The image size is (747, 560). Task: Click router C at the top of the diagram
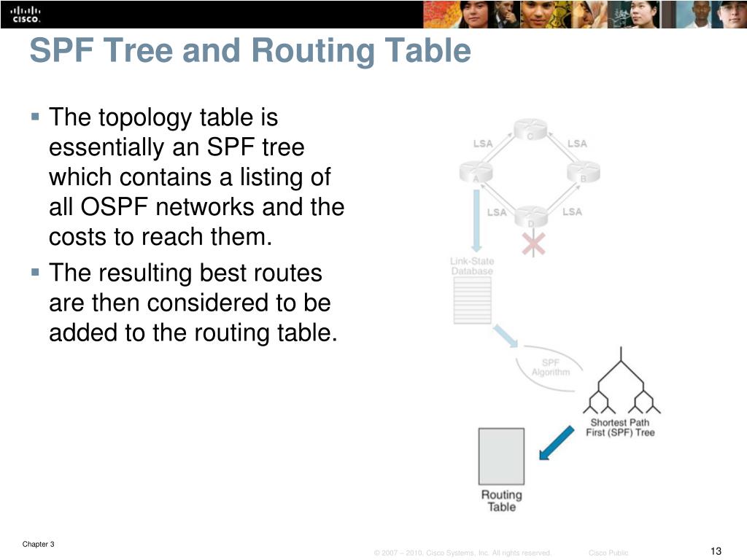point(530,130)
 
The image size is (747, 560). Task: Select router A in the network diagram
point(476,173)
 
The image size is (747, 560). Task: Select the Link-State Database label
point(471,266)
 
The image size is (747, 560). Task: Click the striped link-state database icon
point(472,300)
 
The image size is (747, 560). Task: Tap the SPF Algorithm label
point(550,367)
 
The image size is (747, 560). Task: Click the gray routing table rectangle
point(501,456)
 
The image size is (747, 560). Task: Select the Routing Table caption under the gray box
point(501,500)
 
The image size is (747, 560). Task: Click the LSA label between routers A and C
point(483,144)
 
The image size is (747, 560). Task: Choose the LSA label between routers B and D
point(573,211)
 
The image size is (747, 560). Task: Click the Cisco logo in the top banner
point(20,14)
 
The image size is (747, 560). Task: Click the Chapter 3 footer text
point(38,545)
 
